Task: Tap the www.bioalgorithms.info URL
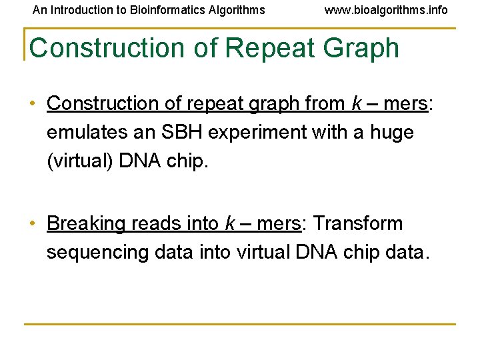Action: [x=386, y=10]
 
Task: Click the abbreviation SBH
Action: [x=181, y=133]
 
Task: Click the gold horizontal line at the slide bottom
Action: [x=240, y=325]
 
